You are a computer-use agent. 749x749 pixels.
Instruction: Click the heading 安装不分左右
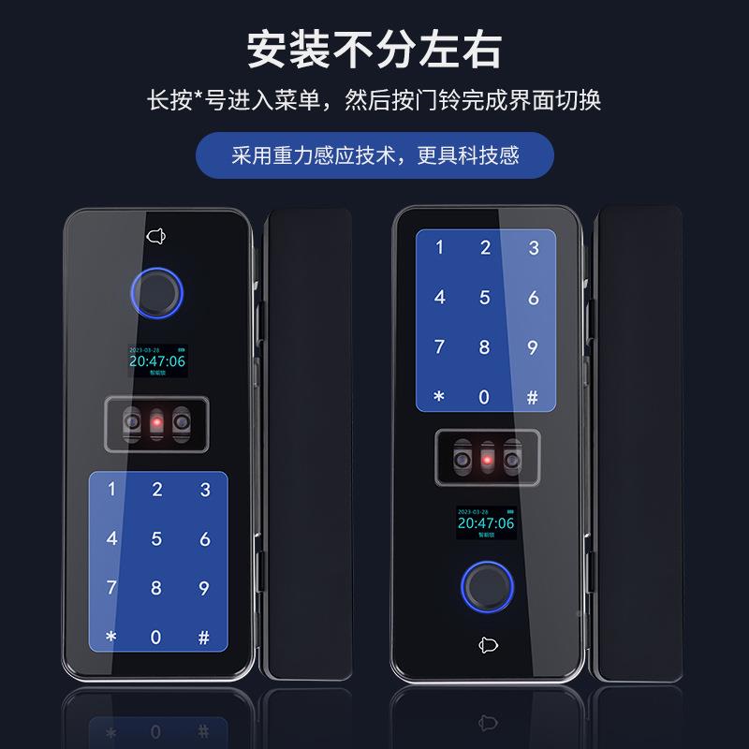(374, 48)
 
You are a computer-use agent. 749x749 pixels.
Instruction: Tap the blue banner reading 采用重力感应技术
(374, 154)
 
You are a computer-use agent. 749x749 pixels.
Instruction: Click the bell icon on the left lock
(157, 236)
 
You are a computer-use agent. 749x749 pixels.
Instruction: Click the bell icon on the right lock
(485, 645)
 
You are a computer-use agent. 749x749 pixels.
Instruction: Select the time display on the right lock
(485, 522)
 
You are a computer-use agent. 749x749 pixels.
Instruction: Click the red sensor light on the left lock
(157, 427)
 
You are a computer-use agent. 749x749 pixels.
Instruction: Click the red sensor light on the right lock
(485, 459)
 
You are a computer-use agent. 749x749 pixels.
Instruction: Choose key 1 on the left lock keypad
(112, 489)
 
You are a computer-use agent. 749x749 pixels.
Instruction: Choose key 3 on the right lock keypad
(534, 249)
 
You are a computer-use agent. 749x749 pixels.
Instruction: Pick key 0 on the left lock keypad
(157, 638)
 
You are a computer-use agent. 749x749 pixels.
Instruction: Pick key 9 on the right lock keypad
(534, 348)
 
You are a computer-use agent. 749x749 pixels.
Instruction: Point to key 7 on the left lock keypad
(112, 589)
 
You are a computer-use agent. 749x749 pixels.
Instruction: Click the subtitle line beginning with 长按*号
(374, 98)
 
